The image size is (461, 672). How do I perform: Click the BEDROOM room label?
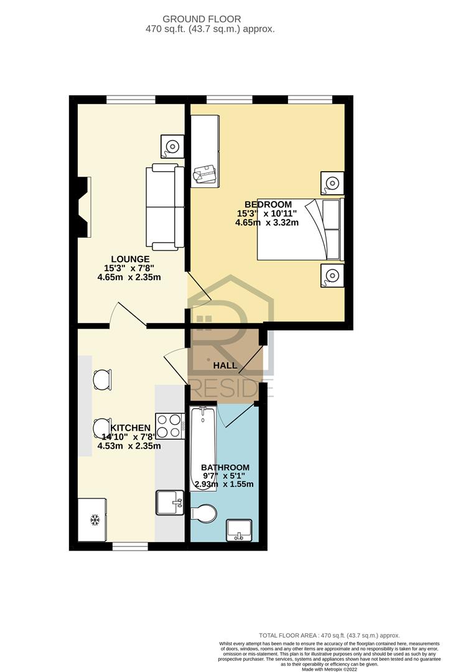pos(268,205)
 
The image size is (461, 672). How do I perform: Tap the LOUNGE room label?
pos(130,259)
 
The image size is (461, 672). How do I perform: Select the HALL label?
pos(225,366)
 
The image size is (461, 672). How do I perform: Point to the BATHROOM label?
pos(225,467)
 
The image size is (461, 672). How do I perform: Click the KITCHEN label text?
pos(131,427)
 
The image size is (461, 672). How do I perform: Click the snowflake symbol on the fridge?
pos(95,520)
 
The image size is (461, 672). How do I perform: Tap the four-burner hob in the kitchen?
pos(170,426)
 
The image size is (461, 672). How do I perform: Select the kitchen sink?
pos(170,502)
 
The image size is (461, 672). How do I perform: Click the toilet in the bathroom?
pos(203,513)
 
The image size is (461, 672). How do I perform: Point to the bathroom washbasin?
pos(240,530)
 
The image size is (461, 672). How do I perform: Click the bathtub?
pos(203,449)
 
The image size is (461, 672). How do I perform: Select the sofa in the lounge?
pos(165,207)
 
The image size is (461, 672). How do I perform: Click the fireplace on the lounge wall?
pos(85,207)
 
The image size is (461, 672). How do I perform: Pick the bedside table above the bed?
pos(332,184)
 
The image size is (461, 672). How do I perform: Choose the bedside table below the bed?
pos(332,276)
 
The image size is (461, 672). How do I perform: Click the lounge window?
pos(131,100)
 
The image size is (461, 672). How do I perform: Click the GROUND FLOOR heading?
pos(202,19)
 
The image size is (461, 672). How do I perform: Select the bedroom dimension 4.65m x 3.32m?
pos(267,222)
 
